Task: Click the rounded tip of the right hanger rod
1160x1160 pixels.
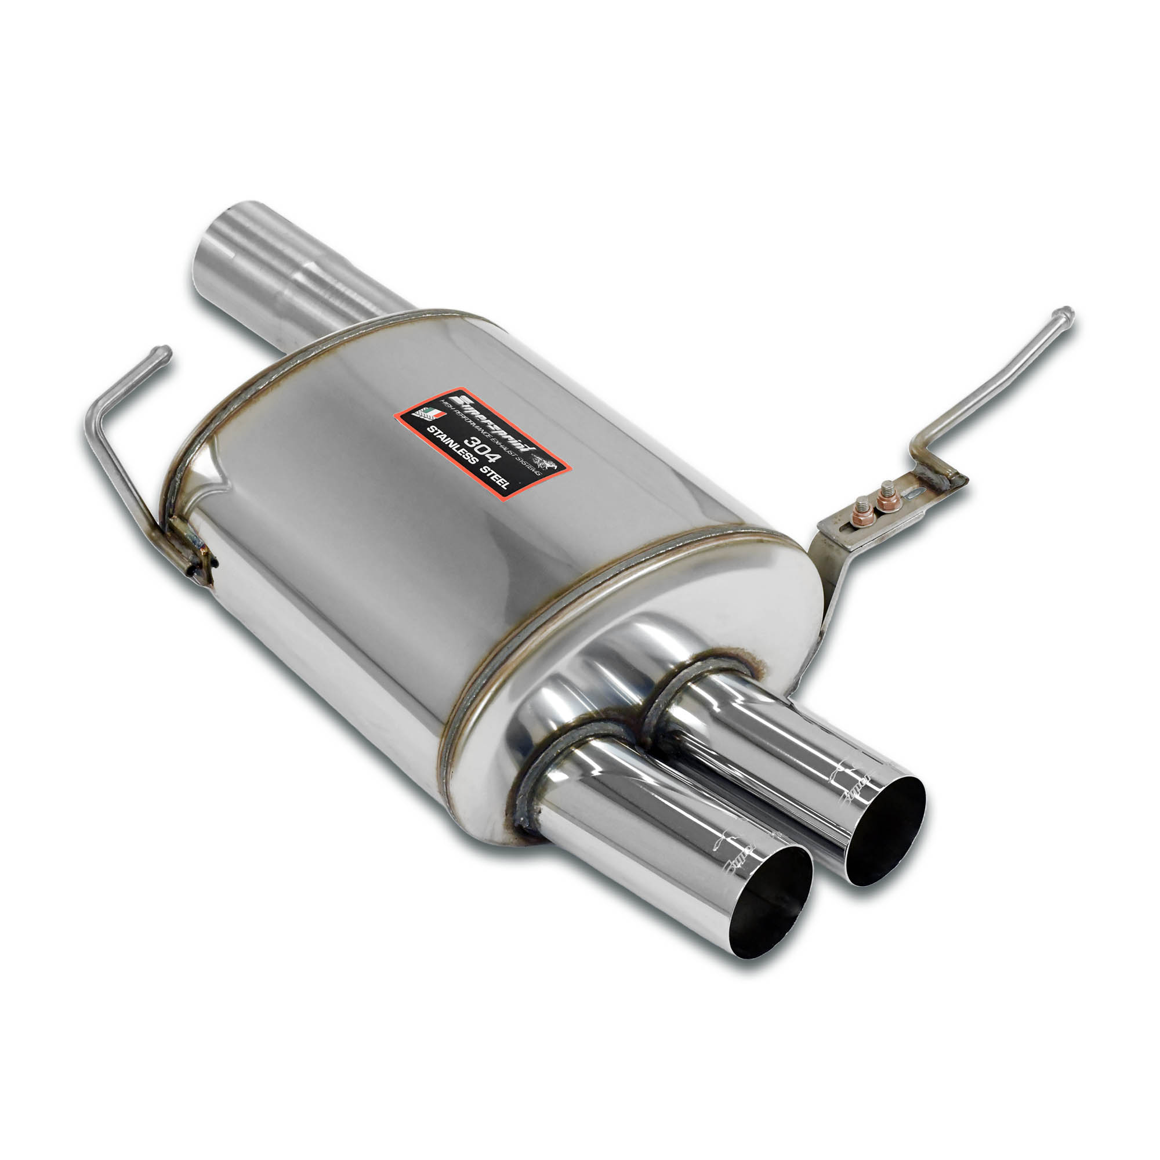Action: click(x=1065, y=313)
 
